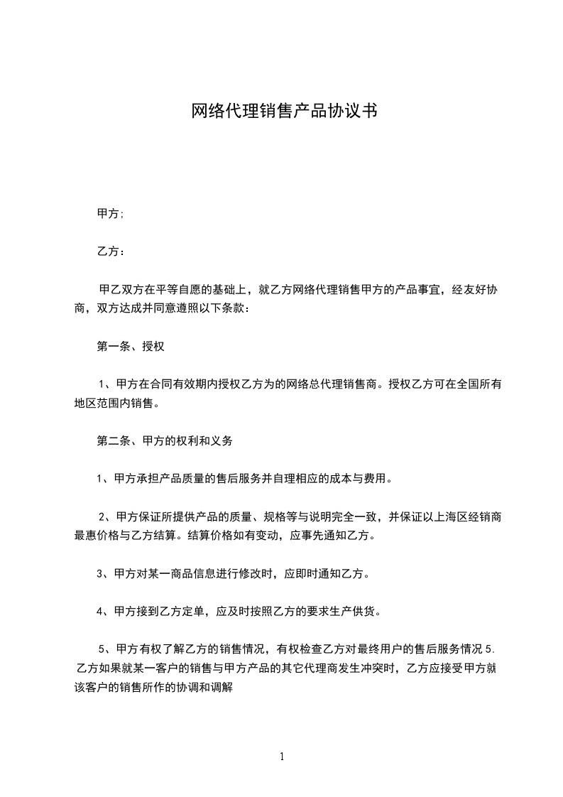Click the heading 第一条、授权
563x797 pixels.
coord(131,347)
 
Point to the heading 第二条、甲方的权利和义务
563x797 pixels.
coord(164,440)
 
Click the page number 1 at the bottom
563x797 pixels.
coord(282,757)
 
